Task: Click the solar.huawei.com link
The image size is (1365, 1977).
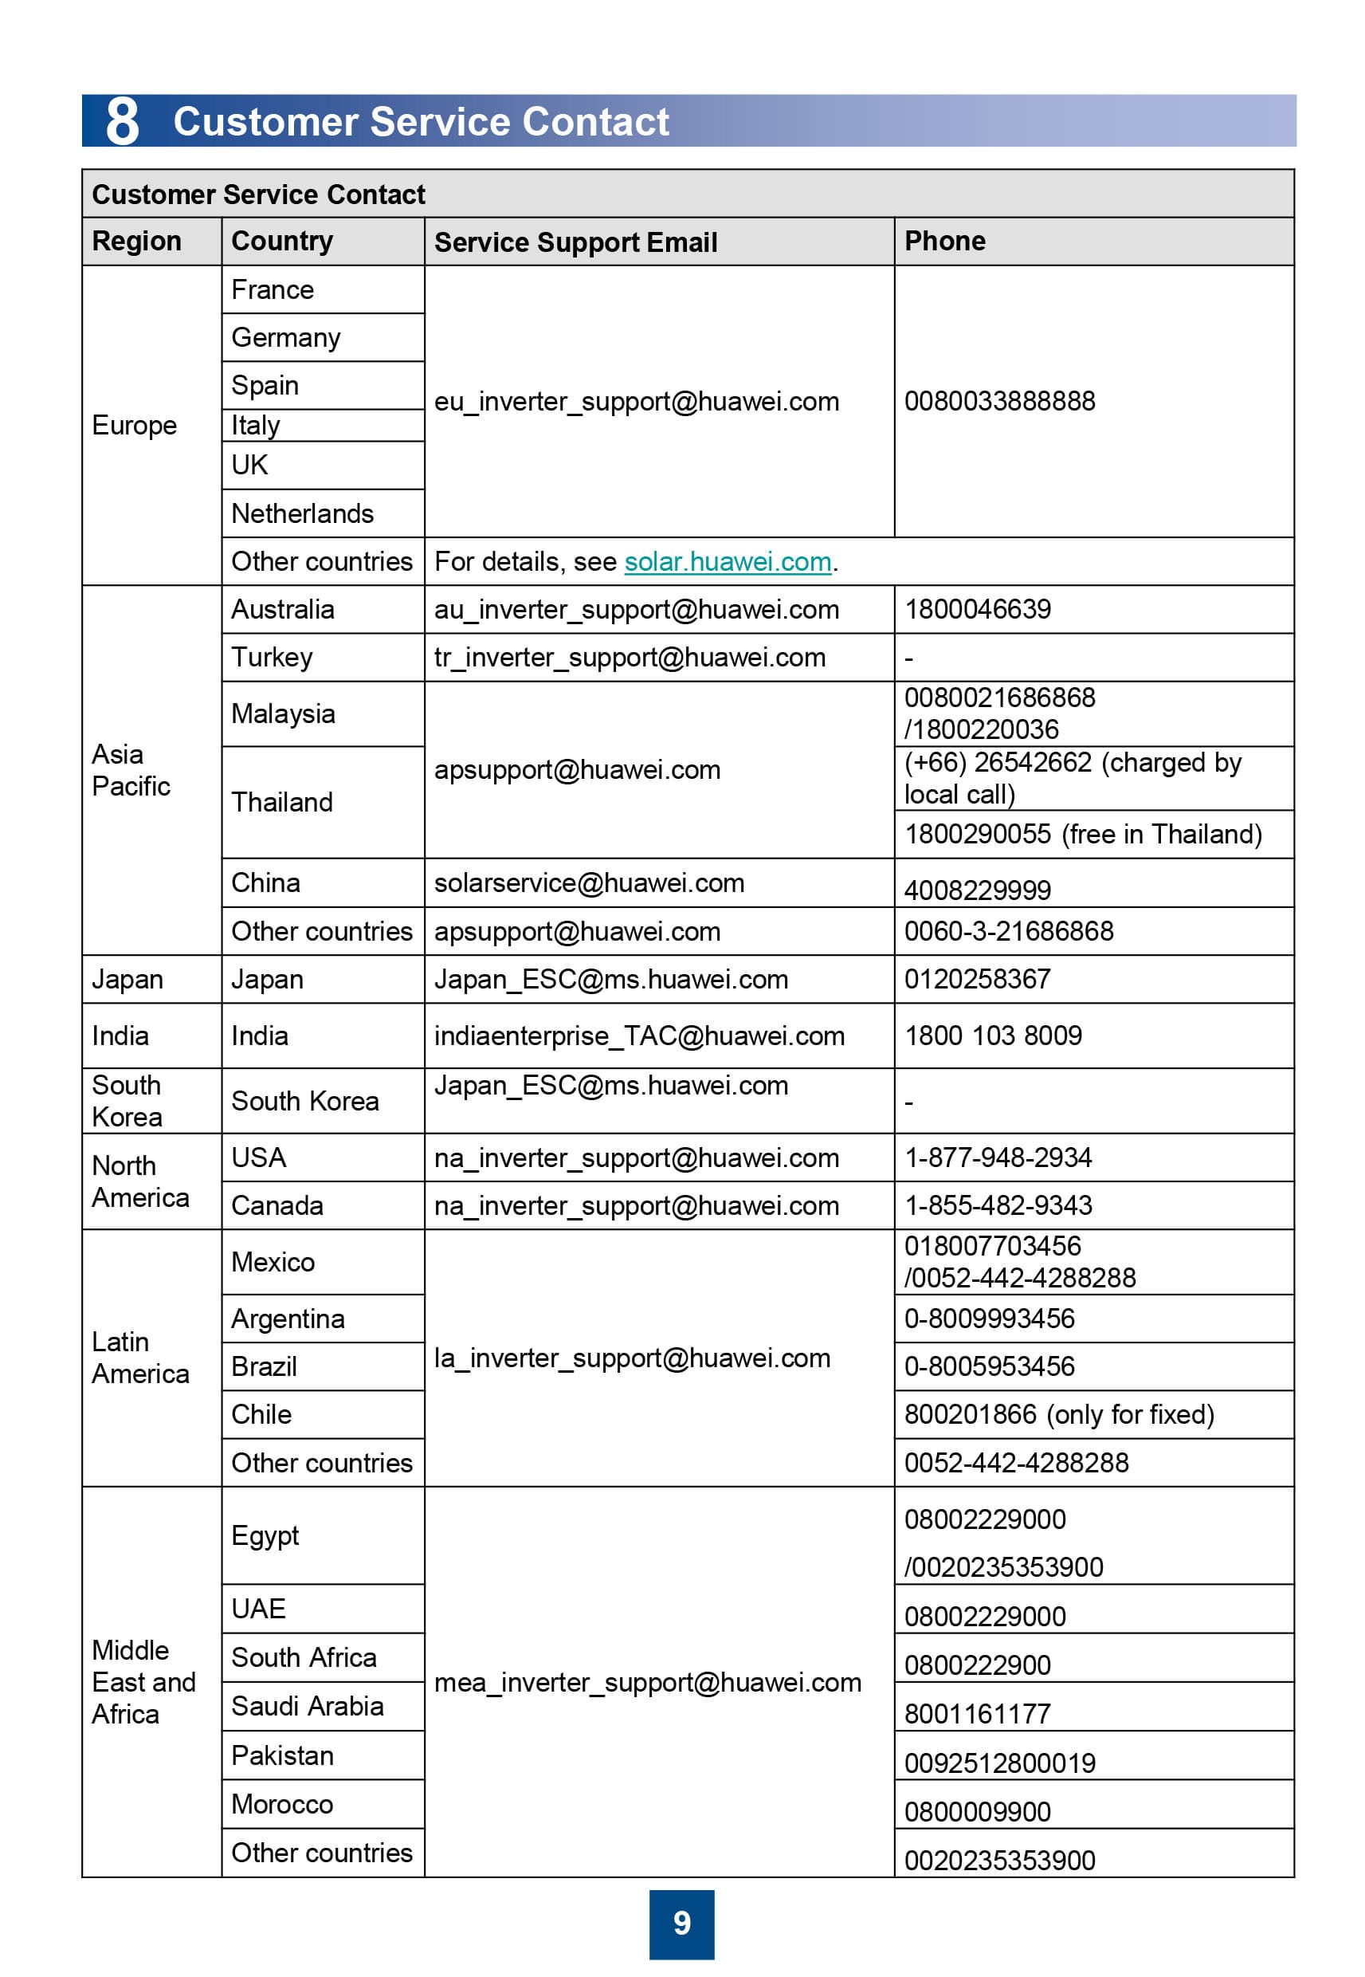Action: click(727, 562)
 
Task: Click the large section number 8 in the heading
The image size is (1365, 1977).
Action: click(122, 120)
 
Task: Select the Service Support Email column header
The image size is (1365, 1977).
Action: click(575, 242)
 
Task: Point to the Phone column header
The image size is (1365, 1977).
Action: click(944, 242)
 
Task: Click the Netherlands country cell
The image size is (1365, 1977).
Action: click(303, 513)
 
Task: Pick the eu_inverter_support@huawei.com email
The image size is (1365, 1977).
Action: click(637, 401)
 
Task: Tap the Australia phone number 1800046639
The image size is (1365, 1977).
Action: click(978, 609)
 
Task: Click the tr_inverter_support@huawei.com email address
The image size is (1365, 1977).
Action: click(630, 657)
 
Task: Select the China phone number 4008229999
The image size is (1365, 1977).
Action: click(978, 890)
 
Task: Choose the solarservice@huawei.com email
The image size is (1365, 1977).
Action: click(590, 882)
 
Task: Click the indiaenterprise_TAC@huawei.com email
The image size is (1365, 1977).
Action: click(639, 1036)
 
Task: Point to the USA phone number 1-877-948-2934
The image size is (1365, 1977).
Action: click(998, 1158)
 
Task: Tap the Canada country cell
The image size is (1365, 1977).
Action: click(277, 1205)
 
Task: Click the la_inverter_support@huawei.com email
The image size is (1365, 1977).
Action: click(632, 1358)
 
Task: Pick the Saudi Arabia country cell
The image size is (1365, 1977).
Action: click(307, 1707)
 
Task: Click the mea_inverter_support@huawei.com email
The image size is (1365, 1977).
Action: click(647, 1683)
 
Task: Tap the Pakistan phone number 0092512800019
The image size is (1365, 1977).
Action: click(1000, 1763)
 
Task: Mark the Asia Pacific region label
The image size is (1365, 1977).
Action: click(131, 770)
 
